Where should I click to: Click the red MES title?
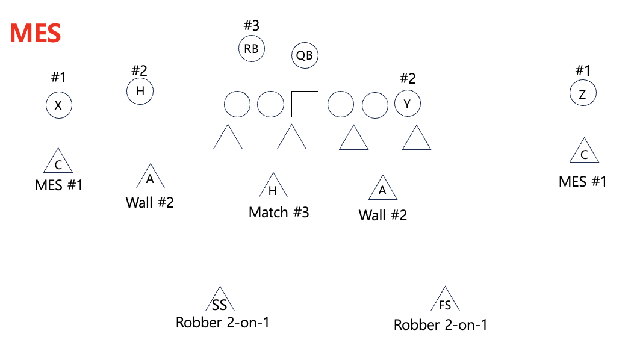36,33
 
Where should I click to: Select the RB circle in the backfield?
252,49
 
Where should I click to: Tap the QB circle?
305,55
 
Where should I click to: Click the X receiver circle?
58,106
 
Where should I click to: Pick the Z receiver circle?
582,94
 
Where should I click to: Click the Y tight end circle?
407,104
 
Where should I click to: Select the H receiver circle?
140,92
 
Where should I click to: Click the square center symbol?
305,104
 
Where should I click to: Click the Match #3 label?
279,212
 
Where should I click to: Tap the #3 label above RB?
251,26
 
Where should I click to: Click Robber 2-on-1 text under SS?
222,323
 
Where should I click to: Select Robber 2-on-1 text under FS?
440,325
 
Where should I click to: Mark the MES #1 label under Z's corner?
582,181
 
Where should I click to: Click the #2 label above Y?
408,78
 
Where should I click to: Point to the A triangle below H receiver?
150,178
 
